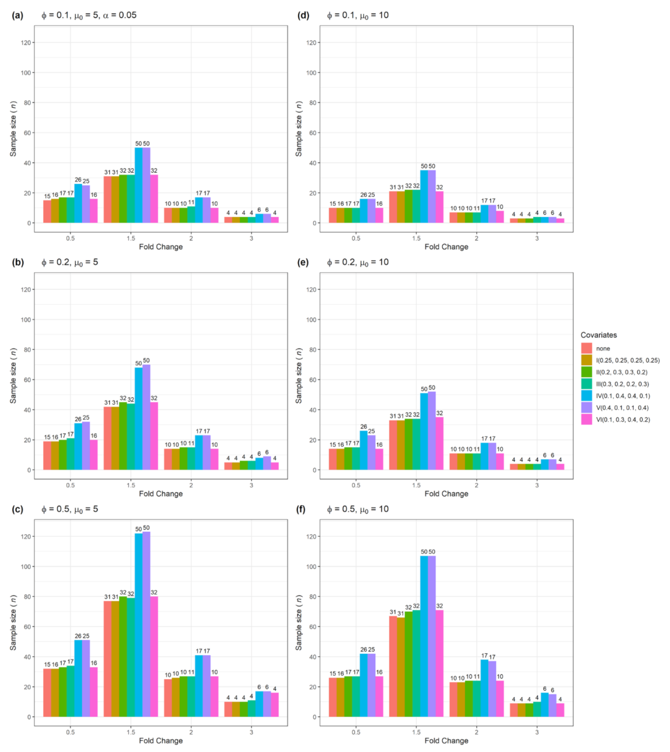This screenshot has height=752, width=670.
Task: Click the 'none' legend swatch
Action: (x=587, y=349)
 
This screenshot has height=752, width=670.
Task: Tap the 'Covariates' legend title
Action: (x=598, y=335)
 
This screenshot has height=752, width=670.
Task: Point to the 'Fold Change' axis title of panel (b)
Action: (x=160, y=494)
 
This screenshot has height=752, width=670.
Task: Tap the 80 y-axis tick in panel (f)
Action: (x=314, y=597)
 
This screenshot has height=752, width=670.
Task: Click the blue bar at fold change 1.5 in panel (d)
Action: (x=424, y=197)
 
